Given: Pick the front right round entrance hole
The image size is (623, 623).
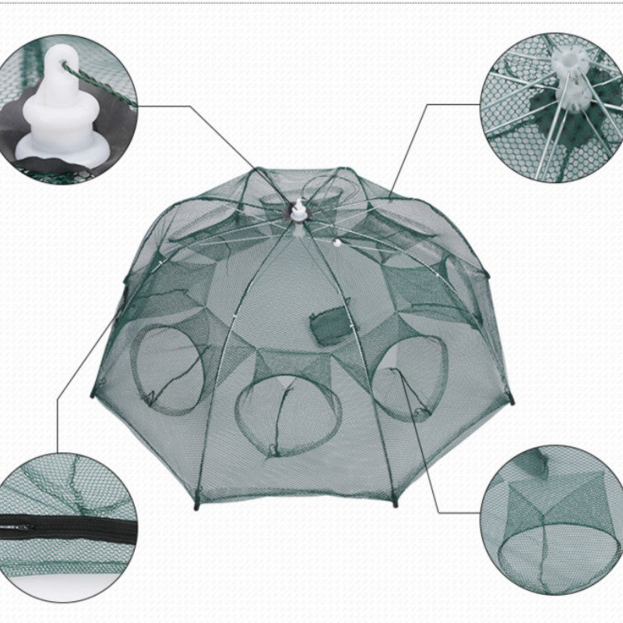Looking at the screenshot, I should [410, 382].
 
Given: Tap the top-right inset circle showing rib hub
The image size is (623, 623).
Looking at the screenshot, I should [549, 97].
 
